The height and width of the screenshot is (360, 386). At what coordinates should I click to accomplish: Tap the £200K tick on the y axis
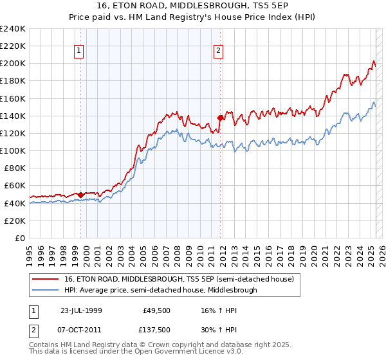point(14,64)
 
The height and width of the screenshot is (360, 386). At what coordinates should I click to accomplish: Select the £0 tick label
point(20,238)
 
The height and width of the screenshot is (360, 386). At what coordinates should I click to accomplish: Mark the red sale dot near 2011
point(221,118)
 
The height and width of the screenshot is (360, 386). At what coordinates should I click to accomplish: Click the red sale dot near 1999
point(81,194)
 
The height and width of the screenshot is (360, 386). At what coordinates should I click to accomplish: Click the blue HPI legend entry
point(160,290)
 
